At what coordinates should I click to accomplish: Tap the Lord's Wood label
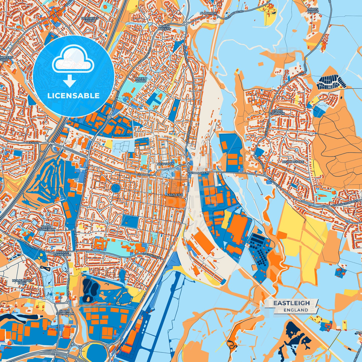(312, 11)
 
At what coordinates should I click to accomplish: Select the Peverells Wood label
(90, 20)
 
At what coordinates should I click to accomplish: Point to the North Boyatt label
(164, 28)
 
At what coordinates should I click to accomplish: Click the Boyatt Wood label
(141, 80)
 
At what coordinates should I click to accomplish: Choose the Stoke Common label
(277, 112)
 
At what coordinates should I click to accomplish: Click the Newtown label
(165, 164)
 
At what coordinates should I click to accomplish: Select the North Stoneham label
(45, 228)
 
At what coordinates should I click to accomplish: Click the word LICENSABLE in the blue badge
(74, 95)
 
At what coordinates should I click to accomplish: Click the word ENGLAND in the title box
(296, 310)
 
